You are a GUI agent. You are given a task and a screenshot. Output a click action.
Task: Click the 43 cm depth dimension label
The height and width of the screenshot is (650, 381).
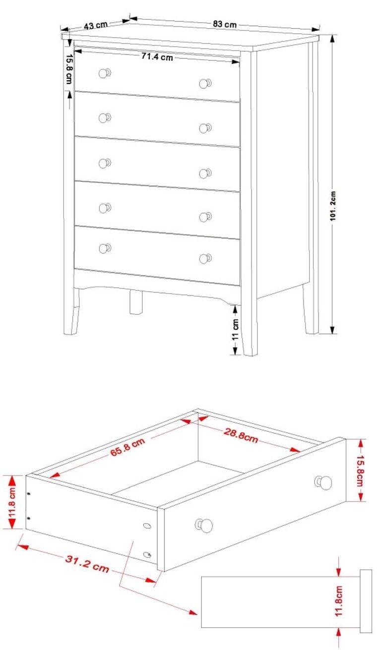pyautogui.click(x=96, y=25)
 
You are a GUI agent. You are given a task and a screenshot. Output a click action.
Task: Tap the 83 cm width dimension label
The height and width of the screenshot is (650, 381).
pyautogui.click(x=224, y=23)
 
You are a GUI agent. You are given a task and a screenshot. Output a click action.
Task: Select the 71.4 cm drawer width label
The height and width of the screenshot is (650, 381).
pyautogui.click(x=157, y=57)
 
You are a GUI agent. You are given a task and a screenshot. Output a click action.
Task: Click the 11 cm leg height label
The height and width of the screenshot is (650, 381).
pyautogui.click(x=235, y=329)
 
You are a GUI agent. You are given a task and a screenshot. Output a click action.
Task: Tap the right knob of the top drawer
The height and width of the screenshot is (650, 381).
pyautogui.click(x=205, y=83)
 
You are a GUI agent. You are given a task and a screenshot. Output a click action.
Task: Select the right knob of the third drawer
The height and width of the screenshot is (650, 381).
pyautogui.click(x=205, y=173)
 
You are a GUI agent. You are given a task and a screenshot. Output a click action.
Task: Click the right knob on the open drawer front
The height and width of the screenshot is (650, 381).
pyautogui.click(x=324, y=482)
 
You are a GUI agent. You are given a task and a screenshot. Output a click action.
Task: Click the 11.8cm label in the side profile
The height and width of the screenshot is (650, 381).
pyautogui.click(x=339, y=601)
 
